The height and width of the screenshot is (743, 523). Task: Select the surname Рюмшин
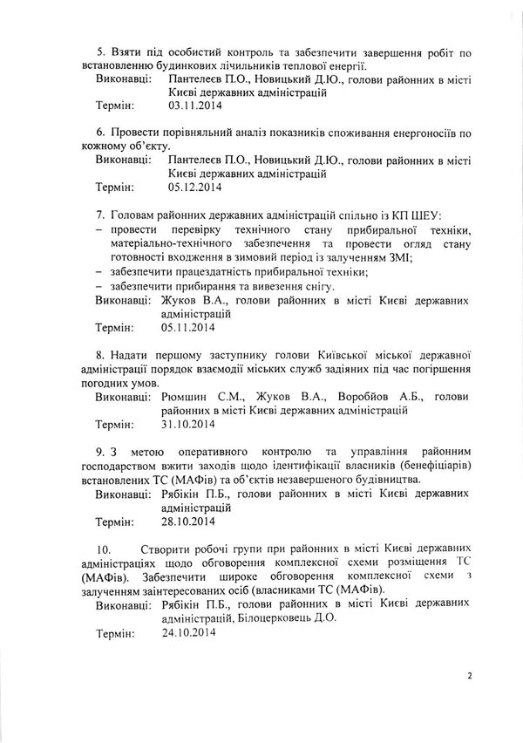[186, 396]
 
